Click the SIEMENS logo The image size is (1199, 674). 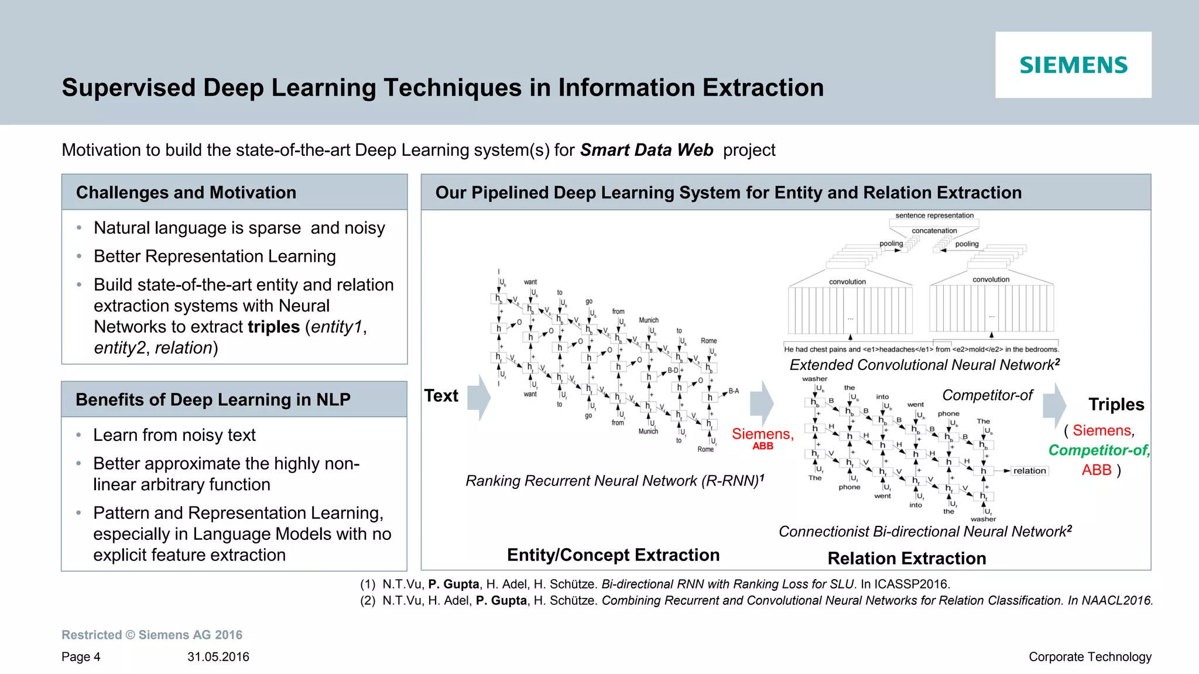point(1073,65)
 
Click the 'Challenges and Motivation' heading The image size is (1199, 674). point(186,193)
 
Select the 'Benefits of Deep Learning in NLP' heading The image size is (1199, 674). point(213,399)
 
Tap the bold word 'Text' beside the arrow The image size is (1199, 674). point(441,396)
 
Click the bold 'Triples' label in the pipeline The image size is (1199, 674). point(1116,405)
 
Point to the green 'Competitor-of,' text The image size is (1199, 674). point(1099,450)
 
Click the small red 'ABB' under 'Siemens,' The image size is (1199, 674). point(763,446)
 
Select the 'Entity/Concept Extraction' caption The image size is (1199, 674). point(613,555)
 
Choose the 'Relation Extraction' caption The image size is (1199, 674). point(907,559)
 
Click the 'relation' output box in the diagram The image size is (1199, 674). point(1029,471)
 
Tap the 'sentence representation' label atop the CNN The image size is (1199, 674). point(934,215)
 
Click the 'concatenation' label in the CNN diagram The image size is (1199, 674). point(934,231)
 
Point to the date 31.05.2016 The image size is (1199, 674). point(218,657)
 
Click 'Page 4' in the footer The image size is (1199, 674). point(81,657)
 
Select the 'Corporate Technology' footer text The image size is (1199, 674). point(1090,657)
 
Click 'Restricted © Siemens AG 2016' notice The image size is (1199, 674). point(152,635)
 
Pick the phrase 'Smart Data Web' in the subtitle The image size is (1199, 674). point(646,150)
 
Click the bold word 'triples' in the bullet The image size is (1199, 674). point(273,327)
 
